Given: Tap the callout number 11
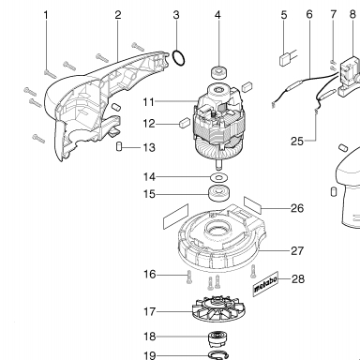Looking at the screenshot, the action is tap(149, 102).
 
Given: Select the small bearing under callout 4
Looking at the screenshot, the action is tap(218, 72).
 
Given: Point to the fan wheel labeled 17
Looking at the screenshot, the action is tap(218, 310).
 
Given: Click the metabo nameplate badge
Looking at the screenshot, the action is tap(265, 284).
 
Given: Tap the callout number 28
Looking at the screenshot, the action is tap(297, 278).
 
